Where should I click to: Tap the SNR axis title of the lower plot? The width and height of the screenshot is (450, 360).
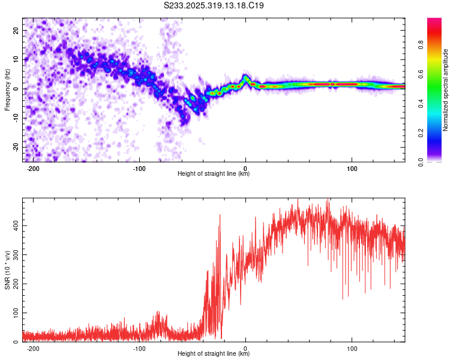coord(7,270)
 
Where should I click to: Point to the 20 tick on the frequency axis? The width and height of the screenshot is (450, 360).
coord(17,30)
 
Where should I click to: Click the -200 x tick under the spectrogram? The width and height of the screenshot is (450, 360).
coord(33,168)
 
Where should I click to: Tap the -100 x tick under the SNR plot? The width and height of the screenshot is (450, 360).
coord(140,348)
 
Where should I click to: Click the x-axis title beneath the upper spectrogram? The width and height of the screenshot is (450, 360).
coord(214,174)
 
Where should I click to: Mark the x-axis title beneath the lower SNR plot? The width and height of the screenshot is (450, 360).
coord(214,354)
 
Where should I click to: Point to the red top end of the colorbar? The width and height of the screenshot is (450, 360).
coord(434,22)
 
